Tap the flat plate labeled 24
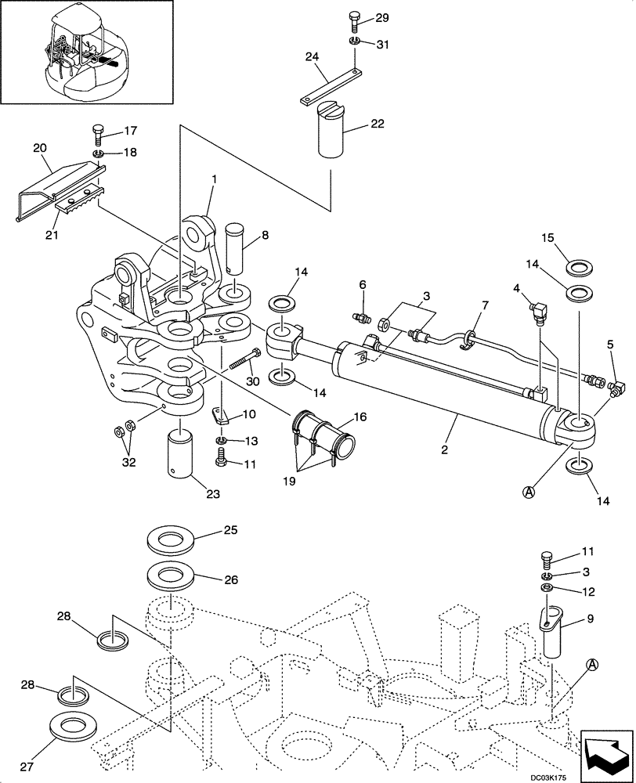pos(331,87)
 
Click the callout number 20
pos(41,147)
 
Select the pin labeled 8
pos(234,248)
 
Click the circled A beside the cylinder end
pos(528,492)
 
